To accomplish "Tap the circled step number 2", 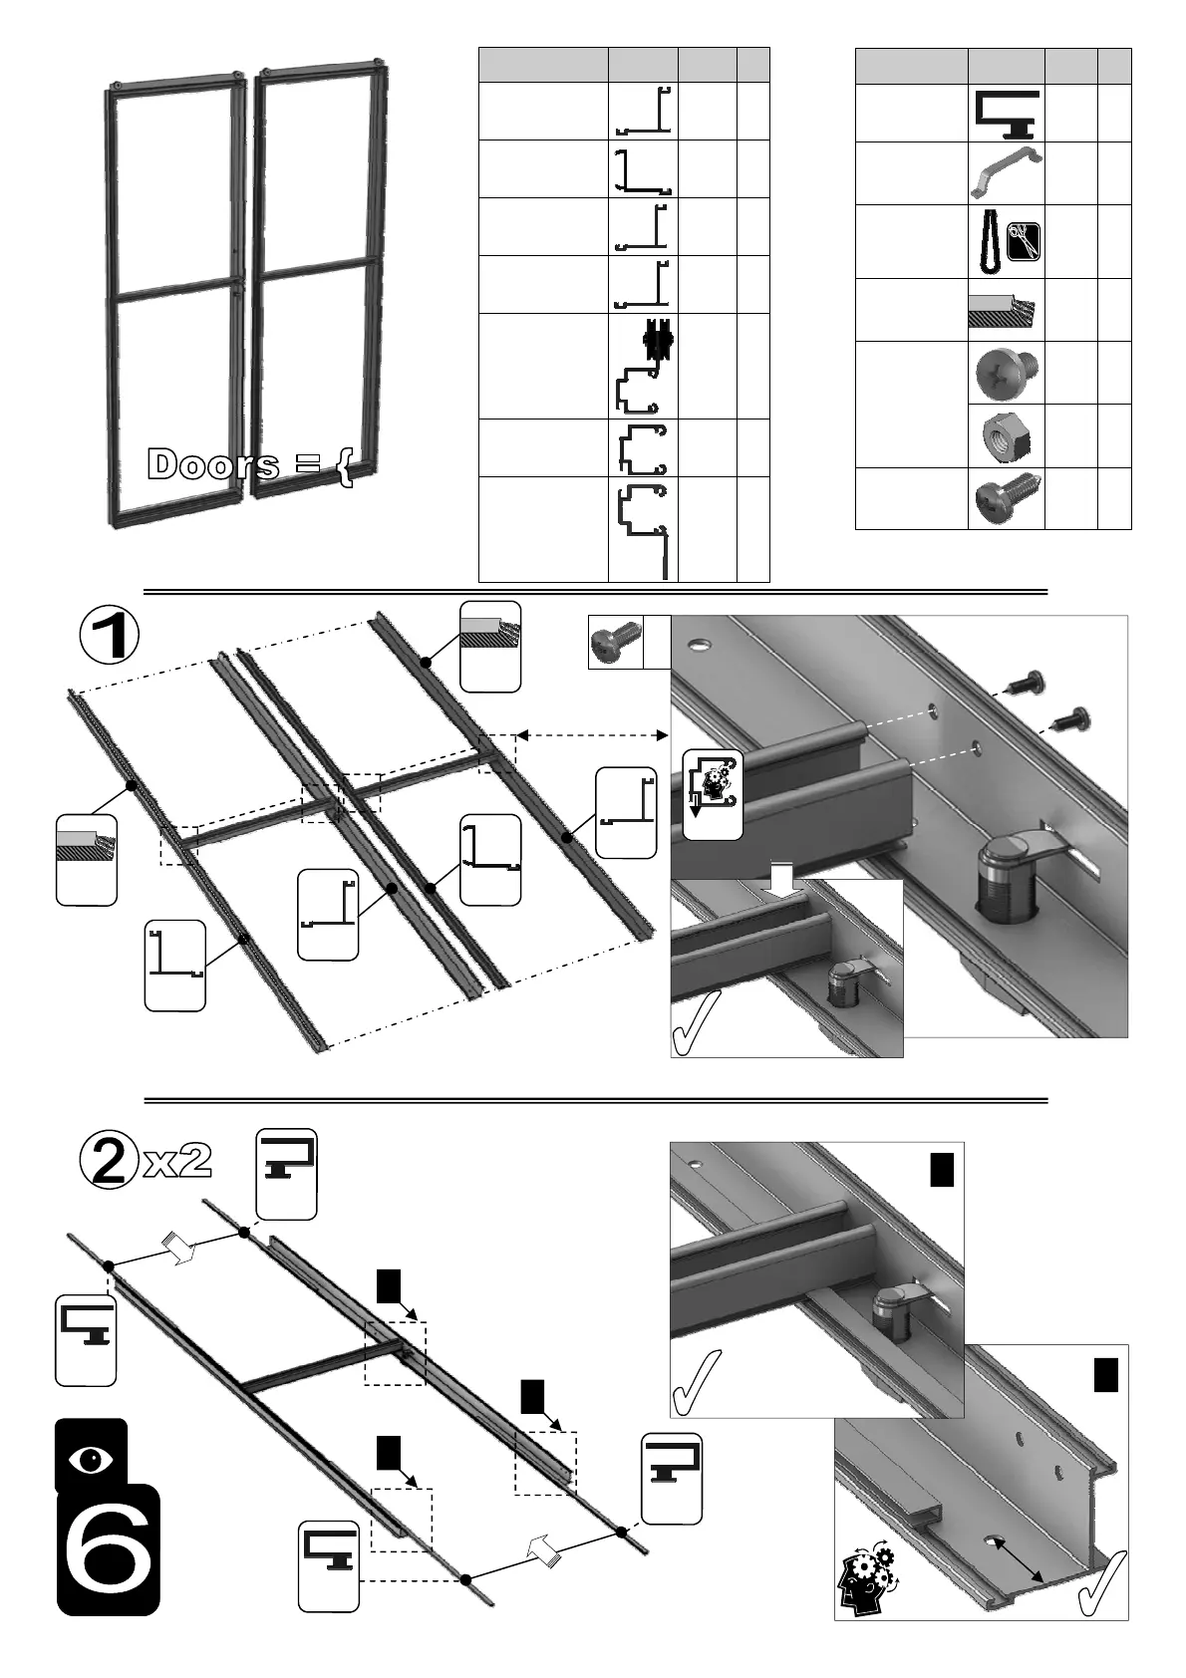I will point(105,1162).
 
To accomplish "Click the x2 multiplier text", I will point(178,1161).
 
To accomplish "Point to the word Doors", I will point(212,464).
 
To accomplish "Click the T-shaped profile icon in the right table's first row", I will point(1006,113).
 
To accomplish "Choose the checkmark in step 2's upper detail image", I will point(695,1382).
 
